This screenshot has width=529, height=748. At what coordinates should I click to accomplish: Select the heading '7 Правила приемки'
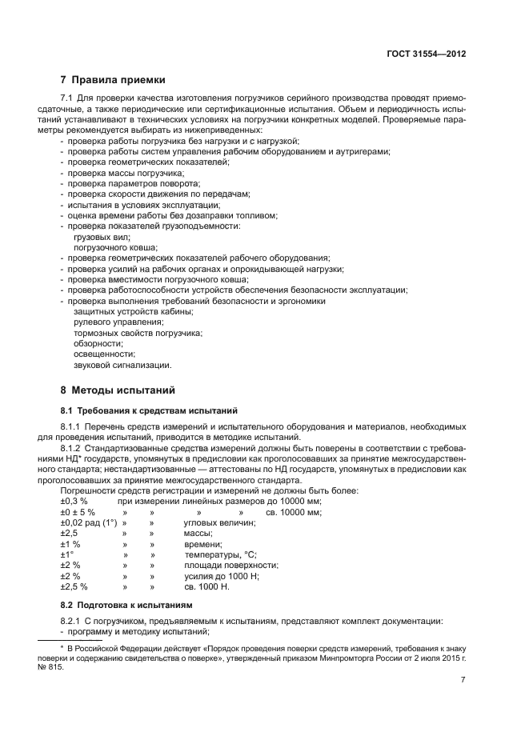coord(113,80)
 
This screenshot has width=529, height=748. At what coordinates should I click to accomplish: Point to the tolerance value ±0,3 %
coord(74,501)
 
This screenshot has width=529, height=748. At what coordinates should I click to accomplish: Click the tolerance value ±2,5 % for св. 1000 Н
coord(74,586)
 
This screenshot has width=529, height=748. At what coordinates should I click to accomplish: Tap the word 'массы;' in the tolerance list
coord(198,533)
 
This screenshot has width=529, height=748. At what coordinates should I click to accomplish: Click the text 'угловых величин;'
coord(219,522)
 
